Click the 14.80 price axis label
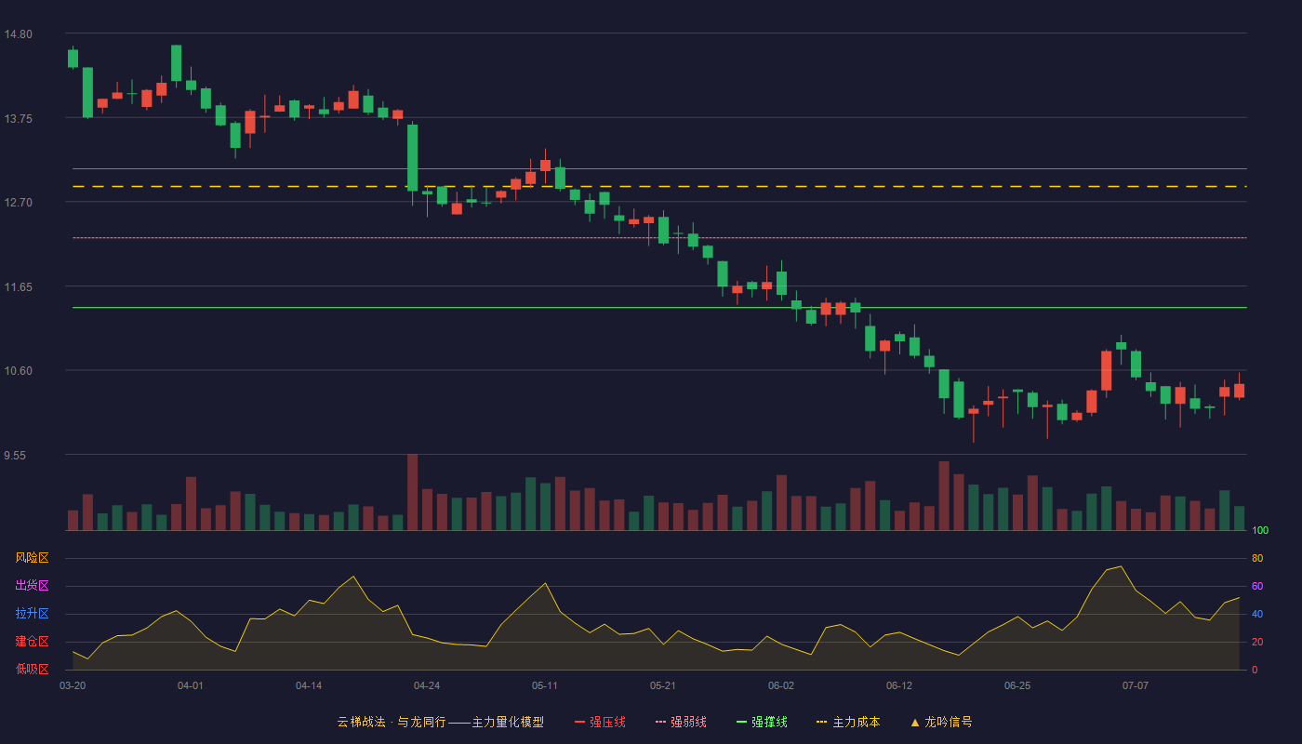click(18, 34)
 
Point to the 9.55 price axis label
click(15, 456)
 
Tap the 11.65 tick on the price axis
click(18, 287)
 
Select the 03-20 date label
click(73, 686)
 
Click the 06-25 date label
click(1017, 686)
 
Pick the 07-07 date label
click(1136, 686)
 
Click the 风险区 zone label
click(32, 558)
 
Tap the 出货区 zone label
click(32, 585)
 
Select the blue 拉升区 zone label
click(32, 613)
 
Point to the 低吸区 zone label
click(32, 669)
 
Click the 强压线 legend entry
click(600, 722)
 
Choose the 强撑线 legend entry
click(762, 722)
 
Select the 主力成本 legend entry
click(848, 722)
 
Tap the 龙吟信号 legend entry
click(941, 722)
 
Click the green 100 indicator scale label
click(1260, 530)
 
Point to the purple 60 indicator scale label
click(1257, 586)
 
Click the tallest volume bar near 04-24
click(413, 492)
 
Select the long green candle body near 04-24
click(413, 157)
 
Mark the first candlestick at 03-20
click(73, 58)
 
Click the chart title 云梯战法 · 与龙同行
click(392, 722)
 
